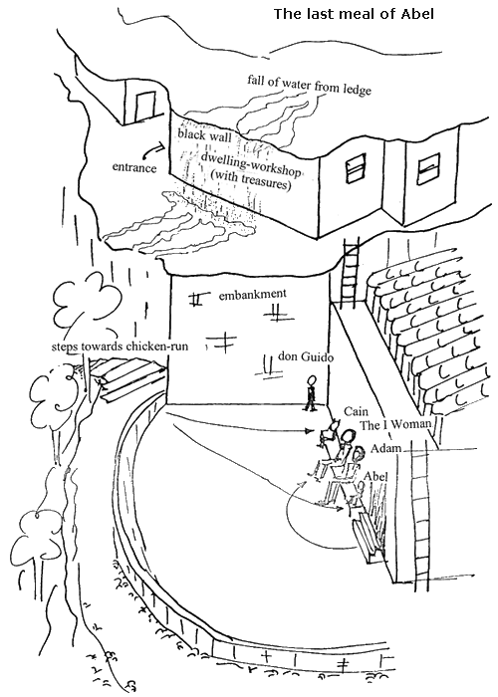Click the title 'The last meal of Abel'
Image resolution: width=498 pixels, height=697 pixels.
point(354,14)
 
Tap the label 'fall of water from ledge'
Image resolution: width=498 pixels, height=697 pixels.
point(309,85)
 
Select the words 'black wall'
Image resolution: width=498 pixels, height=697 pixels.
point(204,134)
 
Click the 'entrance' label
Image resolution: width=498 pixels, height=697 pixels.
point(134,167)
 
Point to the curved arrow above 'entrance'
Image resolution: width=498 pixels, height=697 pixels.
point(155,149)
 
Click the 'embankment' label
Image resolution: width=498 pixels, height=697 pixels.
point(253,294)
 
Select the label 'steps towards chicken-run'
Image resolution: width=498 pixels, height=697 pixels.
point(120,347)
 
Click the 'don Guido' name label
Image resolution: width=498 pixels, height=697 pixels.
point(306,356)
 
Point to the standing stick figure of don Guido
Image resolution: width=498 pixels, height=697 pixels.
point(311,393)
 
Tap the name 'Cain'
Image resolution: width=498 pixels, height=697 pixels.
point(356,411)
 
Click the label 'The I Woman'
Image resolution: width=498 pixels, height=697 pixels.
point(395,425)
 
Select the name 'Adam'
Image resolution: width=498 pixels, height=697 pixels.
point(385,448)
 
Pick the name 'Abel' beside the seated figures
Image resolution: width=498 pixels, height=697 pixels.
point(375,476)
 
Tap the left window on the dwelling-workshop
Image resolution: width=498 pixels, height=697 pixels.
point(356,168)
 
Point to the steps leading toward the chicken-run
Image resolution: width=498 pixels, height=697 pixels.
point(127,377)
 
